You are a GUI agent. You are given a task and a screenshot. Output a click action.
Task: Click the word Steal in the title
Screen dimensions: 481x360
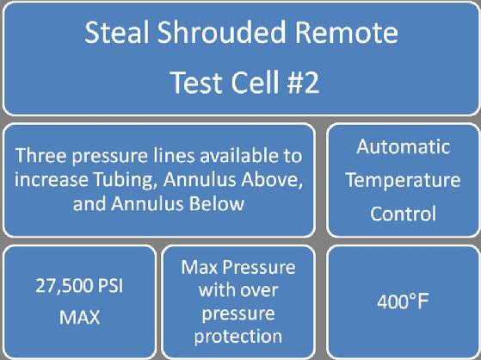pos(117,32)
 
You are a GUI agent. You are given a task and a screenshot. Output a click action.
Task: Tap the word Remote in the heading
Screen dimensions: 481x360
pos(346,33)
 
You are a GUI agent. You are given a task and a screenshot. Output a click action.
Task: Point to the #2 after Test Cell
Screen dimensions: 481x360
pos(303,83)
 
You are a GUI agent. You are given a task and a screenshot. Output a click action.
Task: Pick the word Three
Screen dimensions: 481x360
pos(41,155)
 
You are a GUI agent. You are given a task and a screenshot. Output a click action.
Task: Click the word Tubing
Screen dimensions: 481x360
pos(125,180)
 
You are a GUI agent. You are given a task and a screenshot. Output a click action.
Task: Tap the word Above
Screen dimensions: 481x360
pos(270,179)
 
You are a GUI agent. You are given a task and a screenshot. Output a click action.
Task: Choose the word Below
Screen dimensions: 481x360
pos(217,203)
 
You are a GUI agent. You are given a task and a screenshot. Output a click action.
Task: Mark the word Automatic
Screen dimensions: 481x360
pos(403,146)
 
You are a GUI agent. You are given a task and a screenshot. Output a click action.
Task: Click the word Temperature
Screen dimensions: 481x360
pos(403,181)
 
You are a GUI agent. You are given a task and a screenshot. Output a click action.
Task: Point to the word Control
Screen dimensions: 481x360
pos(403,214)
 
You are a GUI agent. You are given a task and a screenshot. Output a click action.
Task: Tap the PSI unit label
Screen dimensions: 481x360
pos(110,286)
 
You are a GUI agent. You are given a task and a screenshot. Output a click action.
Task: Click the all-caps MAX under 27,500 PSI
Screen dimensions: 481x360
pos(79,317)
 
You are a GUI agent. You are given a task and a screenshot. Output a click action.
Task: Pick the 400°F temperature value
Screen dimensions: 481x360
pos(403,301)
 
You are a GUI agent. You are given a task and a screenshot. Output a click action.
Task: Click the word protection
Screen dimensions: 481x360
pos(238,337)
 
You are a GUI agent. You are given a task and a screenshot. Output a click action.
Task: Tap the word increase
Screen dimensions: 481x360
pos(52,180)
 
